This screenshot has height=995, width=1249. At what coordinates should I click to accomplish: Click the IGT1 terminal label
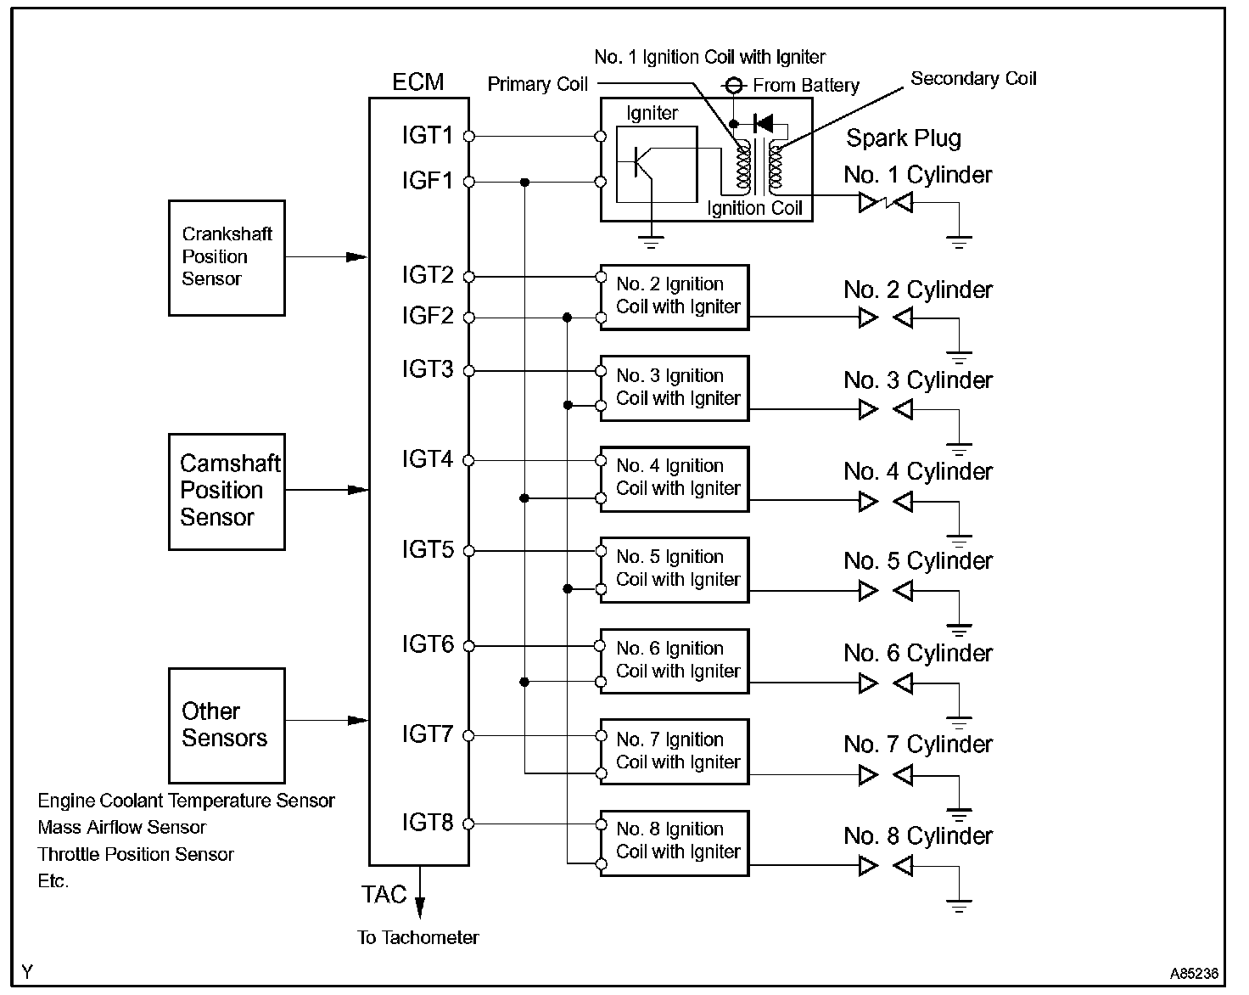pyautogui.click(x=427, y=135)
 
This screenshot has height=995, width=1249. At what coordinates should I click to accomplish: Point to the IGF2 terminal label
pyautogui.click(x=427, y=316)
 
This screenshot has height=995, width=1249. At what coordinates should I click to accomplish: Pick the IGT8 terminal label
pyautogui.click(x=427, y=823)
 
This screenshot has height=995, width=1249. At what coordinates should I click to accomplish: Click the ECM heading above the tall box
pyautogui.click(x=417, y=82)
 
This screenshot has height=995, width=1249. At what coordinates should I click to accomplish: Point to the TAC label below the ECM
pyautogui.click(x=384, y=894)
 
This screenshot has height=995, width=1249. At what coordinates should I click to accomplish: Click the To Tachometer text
pyautogui.click(x=417, y=937)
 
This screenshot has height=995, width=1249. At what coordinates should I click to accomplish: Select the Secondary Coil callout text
pyautogui.click(x=973, y=78)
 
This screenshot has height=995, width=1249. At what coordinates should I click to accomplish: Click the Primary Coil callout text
pyautogui.click(x=537, y=84)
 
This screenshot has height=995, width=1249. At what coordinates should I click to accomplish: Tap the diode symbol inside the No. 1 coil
pyautogui.click(x=763, y=123)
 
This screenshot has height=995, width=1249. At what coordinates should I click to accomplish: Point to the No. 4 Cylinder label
pyautogui.click(x=918, y=471)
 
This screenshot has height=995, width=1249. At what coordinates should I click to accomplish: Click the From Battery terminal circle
pyautogui.click(x=734, y=86)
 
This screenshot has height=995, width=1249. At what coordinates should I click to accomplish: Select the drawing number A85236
pyautogui.click(x=1194, y=974)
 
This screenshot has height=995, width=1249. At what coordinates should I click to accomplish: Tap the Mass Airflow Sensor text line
pyautogui.click(x=122, y=827)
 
